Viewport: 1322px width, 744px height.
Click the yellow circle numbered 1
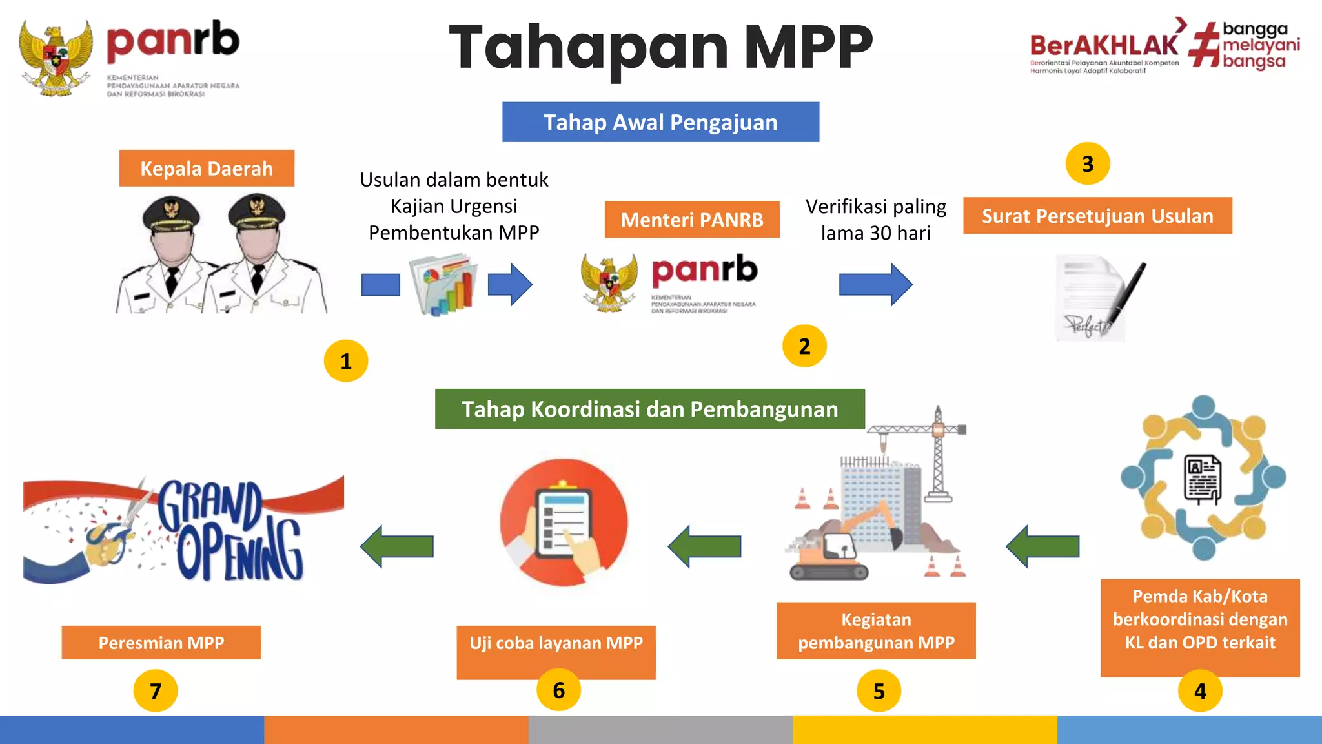pos(346,361)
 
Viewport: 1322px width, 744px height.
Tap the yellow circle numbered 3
pos(1088,164)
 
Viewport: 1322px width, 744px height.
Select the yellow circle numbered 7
pos(156,691)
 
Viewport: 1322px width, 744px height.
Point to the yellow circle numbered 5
pos(879,691)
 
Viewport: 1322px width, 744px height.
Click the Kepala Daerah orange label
pos(207,169)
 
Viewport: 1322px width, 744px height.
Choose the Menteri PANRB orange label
pos(692,220)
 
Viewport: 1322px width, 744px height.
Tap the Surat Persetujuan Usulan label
pos(1097,216)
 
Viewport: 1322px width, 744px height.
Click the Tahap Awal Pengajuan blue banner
pos(660,122)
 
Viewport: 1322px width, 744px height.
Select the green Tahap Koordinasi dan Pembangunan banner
pos(649,409)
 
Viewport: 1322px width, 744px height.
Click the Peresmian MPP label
pos(161,643)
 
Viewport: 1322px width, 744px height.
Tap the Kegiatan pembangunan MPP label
pos(876,631)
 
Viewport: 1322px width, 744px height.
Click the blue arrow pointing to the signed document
pos(875,284)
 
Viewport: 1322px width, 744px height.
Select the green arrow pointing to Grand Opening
pos(397,546)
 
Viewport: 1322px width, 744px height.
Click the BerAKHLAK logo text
pos(1104,45)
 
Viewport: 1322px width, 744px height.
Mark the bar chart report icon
pos(444,285)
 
